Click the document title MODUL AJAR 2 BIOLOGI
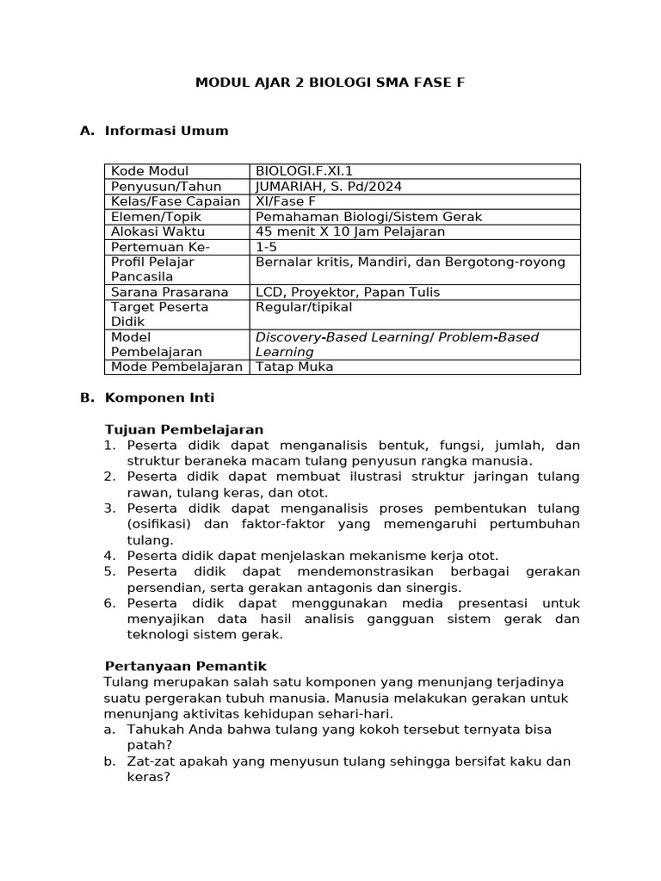click(x=330, y=83)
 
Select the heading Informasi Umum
click(x=166, y=131)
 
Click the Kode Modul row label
click(x=150, y=171)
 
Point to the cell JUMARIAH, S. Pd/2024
click(x=329, y=187)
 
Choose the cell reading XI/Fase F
click(x=286, y=201)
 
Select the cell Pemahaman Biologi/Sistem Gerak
click(x=368, y=217)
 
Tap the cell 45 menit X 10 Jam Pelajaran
click(x=350, y=231)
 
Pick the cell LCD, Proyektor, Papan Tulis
click(x=348, y=293)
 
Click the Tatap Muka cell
click(x=294, y=367)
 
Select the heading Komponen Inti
click(x=159, y=397)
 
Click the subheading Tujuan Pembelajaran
click(x=183, y=429)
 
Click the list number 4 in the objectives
click(x=109, y=556)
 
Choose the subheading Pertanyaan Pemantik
click(x=185, y=666)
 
